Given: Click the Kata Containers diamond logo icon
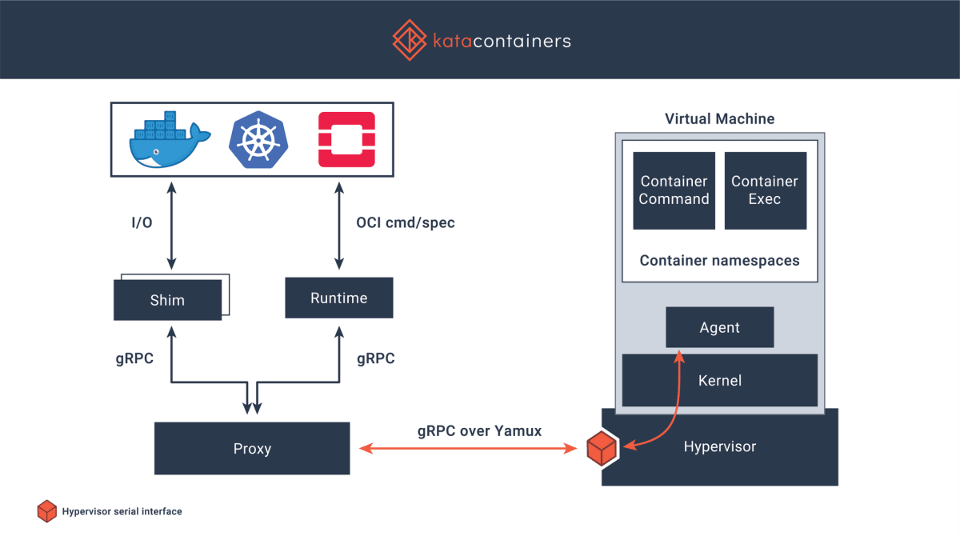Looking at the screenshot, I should [x=409, y=39].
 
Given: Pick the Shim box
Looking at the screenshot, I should [x=167, y=301].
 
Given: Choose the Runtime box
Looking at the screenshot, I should [x=339, y=298].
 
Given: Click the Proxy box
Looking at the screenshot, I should [x=252, y=449].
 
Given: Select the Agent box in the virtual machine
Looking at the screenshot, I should [x=719, y=327].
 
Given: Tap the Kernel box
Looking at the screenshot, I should [x=719, y=381].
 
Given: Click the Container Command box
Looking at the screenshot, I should [x=674, y=190].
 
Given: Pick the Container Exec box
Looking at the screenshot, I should [x=765, y=190].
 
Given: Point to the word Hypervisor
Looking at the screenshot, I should [x=719, y=446].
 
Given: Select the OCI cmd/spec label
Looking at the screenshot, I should [x=406, y=222].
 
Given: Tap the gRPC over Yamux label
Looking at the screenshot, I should [x=479, y=430].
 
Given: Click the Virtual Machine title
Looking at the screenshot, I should [x=719, y=119].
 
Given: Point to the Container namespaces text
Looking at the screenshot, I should [x=719, y=261].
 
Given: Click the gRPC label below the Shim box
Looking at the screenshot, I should [x=134, y=358].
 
